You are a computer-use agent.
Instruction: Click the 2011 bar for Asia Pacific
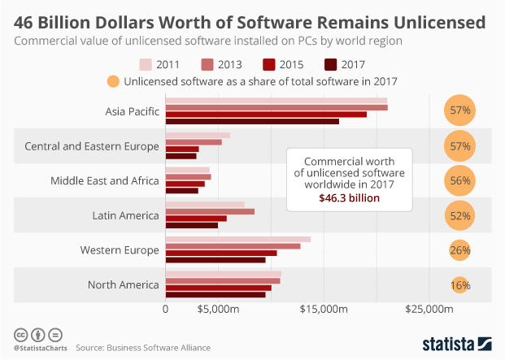point(276,101)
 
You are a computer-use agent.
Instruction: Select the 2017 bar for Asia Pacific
point(252,121)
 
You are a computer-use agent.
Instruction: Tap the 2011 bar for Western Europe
point(237,240)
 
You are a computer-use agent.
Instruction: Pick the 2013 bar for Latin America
point(210,211)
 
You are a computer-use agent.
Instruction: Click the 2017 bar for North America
point(215,294)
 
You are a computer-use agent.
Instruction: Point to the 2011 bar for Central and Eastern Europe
point(198,135)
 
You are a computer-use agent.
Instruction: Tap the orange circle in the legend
point(112,80)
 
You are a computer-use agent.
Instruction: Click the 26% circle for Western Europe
point(460,250)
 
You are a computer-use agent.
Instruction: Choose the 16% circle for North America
point(460,285)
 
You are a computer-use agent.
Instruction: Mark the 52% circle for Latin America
point(460,215)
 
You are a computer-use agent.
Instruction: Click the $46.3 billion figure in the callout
point(349,197)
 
